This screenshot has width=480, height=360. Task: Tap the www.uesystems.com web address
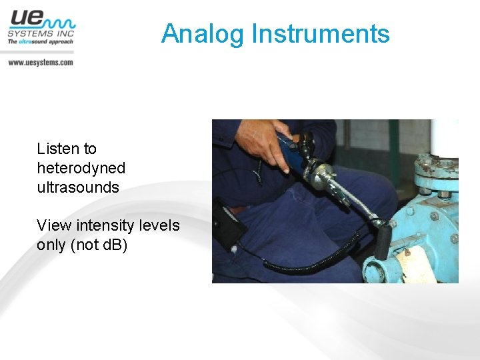(40, 62)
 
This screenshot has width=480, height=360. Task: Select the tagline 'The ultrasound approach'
(40, 41)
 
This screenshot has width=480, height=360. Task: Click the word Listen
(57, 149)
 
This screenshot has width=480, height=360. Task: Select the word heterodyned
(81, 168)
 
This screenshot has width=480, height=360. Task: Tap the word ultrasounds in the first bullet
(78, 187)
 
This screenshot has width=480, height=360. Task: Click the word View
(53, 225)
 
